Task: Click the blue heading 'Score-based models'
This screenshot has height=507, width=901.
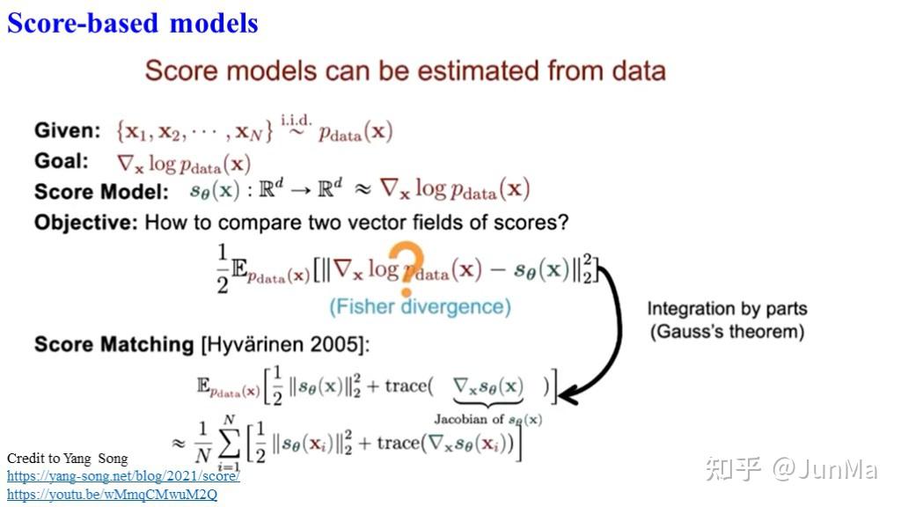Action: point(133,22)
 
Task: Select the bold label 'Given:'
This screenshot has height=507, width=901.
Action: point(68,131)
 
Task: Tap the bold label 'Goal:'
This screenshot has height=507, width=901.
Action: point(62,161)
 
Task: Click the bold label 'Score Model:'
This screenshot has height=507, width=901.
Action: point(100,191)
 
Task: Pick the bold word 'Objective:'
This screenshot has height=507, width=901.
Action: point(85,222)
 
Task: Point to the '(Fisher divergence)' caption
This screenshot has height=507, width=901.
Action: point(420,306)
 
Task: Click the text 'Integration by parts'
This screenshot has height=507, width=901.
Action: point(727,309)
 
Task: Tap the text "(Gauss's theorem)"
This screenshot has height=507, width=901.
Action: point(727,332)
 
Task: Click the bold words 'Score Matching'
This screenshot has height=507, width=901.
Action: point(114,344)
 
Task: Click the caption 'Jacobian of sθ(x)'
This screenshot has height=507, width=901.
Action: point(487,420)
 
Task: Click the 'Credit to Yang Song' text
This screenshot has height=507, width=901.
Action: point(67,459)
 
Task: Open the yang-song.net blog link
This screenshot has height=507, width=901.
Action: point(123,476)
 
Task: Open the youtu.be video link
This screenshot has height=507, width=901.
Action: point(112,495)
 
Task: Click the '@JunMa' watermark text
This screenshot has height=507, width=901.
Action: point(824,469)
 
